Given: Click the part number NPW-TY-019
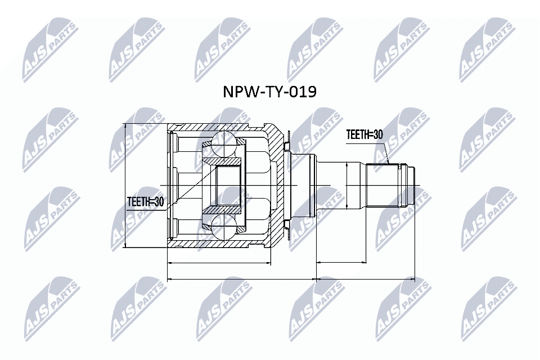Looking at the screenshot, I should tap(270, 92).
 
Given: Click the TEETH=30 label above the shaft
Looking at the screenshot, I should tap(364, 135).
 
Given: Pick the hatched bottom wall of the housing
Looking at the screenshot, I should tap(219, 244).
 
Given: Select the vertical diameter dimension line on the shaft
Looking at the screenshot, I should tap(346, 185).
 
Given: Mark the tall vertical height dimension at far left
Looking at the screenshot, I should tap(126, 185).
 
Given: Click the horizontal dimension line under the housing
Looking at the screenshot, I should tap(219, 262).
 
